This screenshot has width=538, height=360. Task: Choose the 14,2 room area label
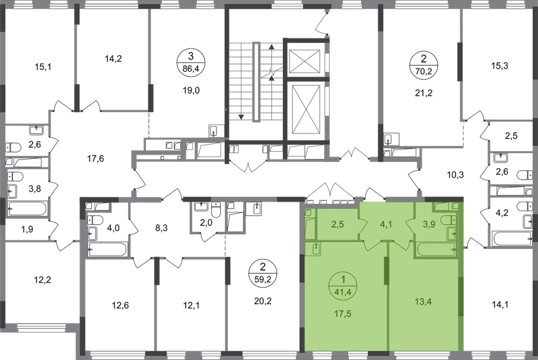[x=112, y=58]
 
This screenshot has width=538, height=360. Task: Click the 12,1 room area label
[x=187, y=306]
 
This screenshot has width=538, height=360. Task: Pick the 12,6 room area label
[x=120, y=306]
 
